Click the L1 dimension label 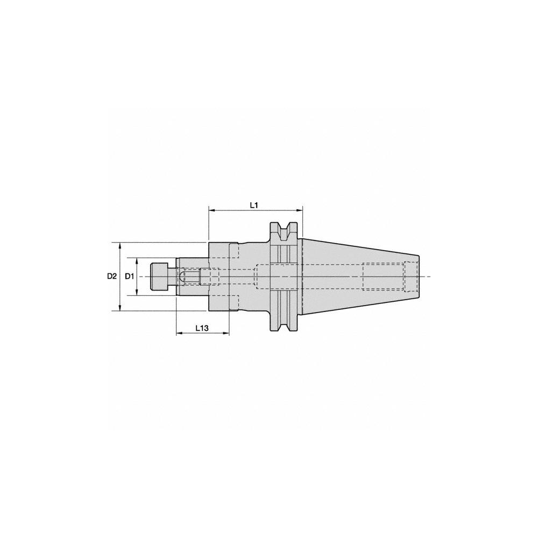pos(255,205)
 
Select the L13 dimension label pos(202,327)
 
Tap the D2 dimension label pos(111,276)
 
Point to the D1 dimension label pos(129,276)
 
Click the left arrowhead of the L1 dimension pos(211,210)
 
